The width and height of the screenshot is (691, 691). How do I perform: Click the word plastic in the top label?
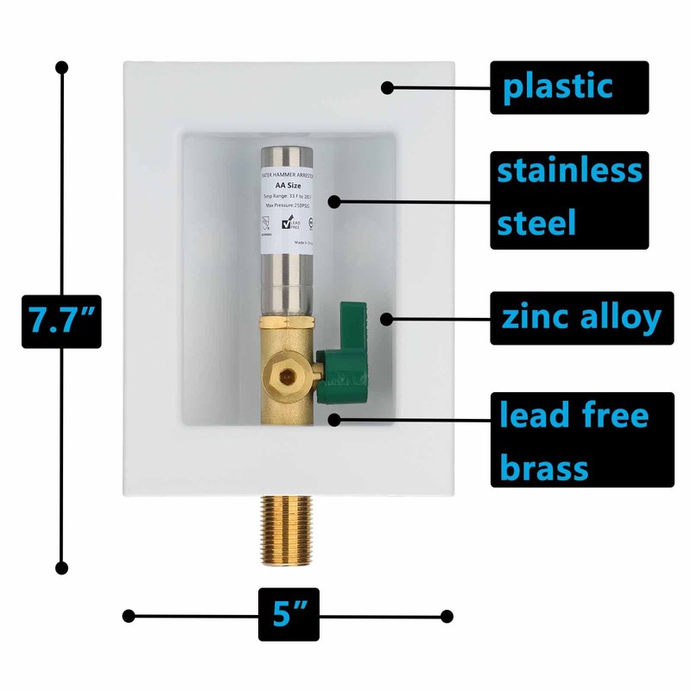pyautogui.click(x=557, y=86)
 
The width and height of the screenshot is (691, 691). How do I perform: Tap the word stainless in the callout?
pyautogui.click(x=570, y=171)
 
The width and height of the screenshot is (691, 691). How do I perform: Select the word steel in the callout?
pyautogui.click(x=537, y=222)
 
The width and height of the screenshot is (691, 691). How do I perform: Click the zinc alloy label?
pyautogui.click(x=581, y=318)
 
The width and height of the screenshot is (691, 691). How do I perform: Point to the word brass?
pyautogui.click(x=544, y=469)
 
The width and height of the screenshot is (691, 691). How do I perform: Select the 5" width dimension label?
pyautogui.click(x=288, y=615)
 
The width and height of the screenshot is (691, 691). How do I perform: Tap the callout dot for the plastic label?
pyautogui.click(x=388, y=86)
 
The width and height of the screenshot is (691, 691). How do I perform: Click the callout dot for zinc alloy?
pyautogui.click(x=386, y=319)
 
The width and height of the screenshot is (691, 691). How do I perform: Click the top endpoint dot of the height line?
pyautogui.click(x=61, y=67)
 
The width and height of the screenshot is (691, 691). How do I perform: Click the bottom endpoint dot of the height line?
pyautogui.click(x=61, y=567)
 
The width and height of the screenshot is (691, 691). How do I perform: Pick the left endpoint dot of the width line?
pyautogui.click(x=129, y=616)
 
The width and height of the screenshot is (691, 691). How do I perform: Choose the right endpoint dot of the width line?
pyautogui.click(x=447, y=616)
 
